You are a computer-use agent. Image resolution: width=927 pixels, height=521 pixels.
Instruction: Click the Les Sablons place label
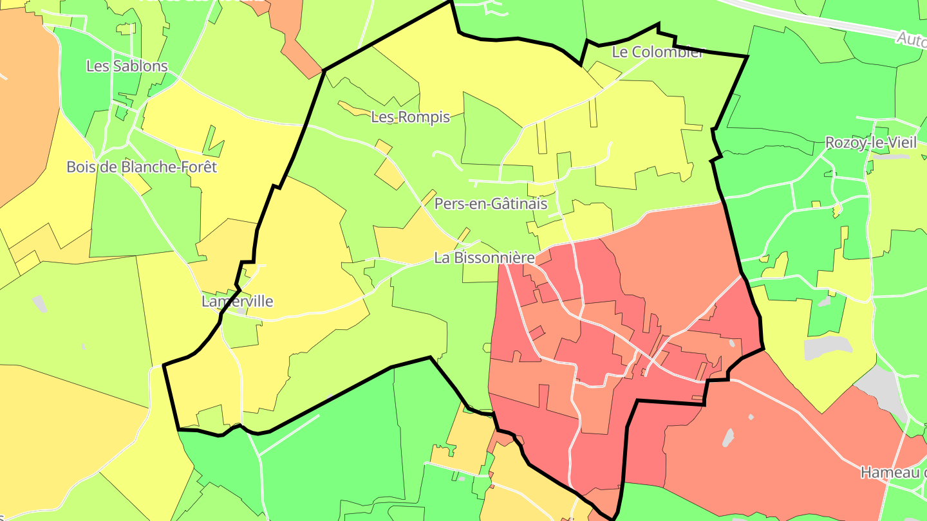coord(127,66)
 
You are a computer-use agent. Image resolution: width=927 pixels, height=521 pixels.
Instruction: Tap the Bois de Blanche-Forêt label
coord(142,167)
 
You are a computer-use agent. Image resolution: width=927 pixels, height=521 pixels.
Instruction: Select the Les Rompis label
coord(410,117)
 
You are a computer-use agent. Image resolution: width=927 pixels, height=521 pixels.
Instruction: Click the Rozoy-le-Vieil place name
coord(870,143)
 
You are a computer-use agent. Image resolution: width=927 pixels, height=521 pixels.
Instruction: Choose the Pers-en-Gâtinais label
coord(491,204)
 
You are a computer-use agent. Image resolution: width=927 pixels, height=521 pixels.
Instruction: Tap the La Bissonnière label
coord(484,258)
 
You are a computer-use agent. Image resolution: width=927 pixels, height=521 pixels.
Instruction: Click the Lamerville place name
coord(237,301)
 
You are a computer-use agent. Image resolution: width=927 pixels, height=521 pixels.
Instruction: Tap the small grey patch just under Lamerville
coord(241,311)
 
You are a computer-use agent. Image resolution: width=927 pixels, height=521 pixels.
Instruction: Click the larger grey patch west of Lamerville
coord(39,304)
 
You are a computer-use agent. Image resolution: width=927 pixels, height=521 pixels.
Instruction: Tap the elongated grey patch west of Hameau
coord(728,437)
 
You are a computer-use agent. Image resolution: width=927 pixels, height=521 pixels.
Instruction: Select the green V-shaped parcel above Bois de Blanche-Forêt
coord(213,143)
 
